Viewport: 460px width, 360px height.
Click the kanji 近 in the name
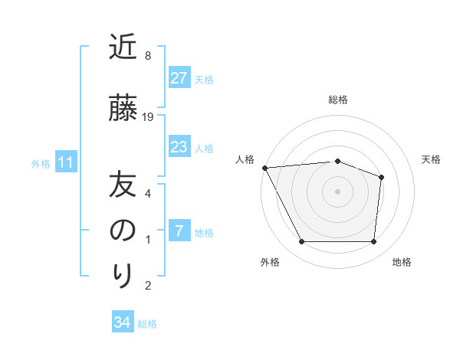(x=123, y=47)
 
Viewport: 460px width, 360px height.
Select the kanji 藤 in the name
(x=123, y=110)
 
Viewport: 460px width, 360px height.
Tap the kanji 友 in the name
(x=123, y=186)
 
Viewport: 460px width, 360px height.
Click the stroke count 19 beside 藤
(x=149, y=117)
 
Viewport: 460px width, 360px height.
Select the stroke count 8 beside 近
(x=148, y=56)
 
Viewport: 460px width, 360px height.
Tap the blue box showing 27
(x=179, y=77)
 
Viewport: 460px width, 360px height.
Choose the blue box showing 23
(x=179, y=147)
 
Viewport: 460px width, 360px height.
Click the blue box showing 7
(x=179, y=231)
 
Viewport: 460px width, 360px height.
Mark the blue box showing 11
(x=65, y=162)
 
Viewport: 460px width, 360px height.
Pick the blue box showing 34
(x=123, y=322)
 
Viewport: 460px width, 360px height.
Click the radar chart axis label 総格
(x=338, y=100)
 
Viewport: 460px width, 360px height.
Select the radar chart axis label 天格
(x=432, y=159)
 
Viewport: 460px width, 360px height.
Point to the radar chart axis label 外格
(x=270, y=262)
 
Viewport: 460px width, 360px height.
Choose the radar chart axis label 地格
(x=402, y=262)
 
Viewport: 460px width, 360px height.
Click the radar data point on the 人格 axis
(x=264, y=168)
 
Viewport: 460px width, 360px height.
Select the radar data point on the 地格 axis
(x=374, y=242)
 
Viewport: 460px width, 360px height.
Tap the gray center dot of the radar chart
(x=338, y=191)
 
